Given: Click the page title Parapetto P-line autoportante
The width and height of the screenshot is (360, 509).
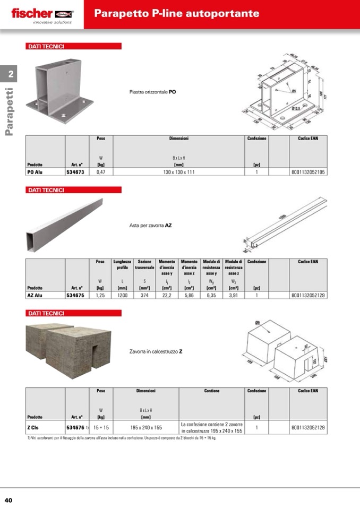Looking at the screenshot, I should point(177,13).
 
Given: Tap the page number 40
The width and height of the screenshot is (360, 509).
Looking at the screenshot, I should point(8,500).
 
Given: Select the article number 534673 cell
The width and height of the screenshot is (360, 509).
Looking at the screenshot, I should point(76,172).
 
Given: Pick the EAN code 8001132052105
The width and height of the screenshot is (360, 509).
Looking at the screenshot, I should point(308,172).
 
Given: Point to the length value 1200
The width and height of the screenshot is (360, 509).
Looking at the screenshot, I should point(122,295).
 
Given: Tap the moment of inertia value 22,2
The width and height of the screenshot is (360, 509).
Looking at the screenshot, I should point(166,295).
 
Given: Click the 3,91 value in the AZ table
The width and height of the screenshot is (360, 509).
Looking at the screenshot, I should point(233,295).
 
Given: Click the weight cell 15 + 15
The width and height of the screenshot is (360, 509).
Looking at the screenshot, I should point(101,427).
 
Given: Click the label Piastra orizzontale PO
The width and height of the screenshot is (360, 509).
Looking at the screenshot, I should point(153,92).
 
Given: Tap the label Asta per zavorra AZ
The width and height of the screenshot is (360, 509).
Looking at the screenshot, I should point(151,225).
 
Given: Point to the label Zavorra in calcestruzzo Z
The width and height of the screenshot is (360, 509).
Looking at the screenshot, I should point(156,351).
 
